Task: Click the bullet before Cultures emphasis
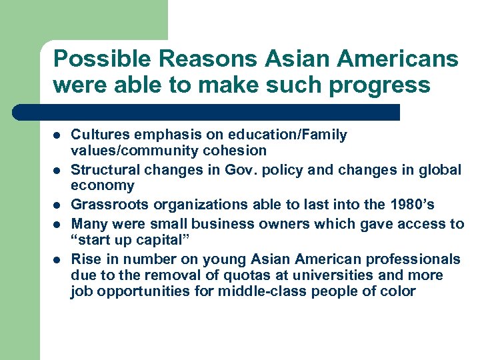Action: (x=57, y=136)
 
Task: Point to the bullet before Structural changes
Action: (x=57, y=171)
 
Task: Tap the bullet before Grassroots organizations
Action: (x=57, y=205)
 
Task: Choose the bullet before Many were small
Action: (x=57, y=223)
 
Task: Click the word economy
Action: (x=103, y=186)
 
